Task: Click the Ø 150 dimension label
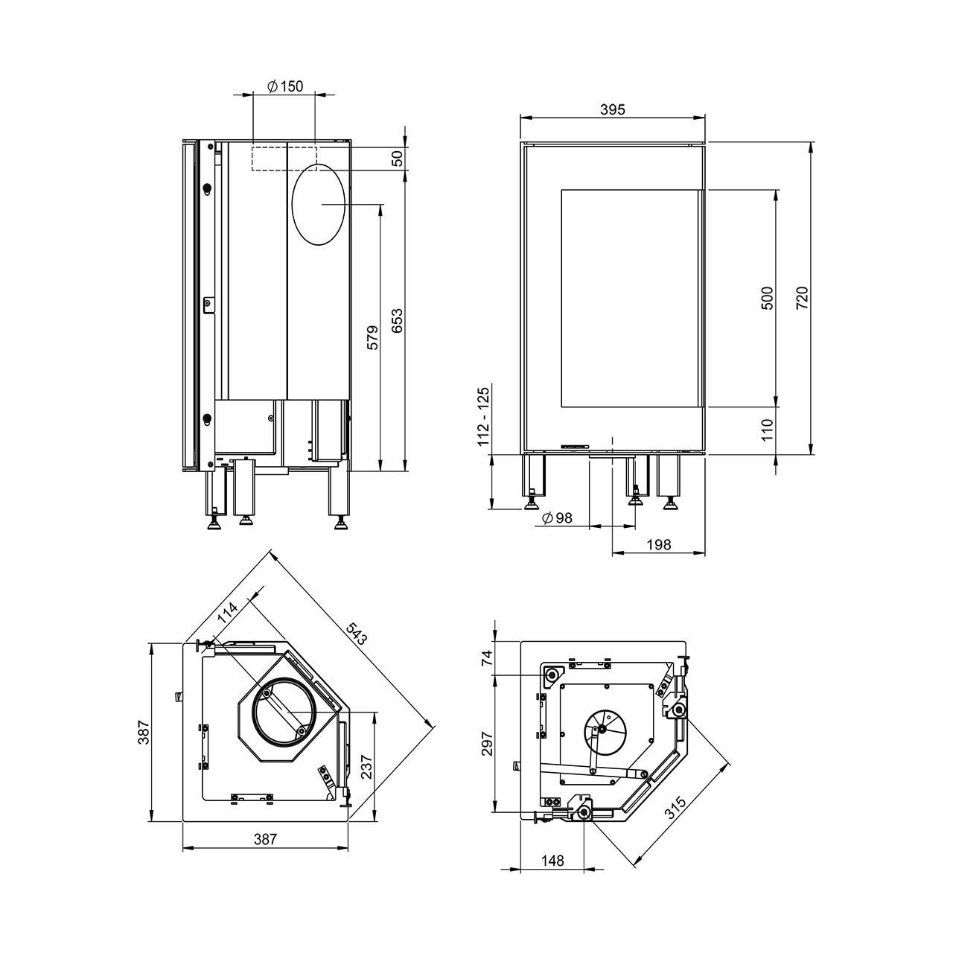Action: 284,86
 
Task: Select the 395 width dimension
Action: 612,109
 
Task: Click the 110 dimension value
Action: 768,430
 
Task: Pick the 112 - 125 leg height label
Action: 485,417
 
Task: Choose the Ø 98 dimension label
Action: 558,518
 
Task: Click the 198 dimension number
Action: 659,544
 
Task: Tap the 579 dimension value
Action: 373,337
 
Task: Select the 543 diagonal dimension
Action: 357,632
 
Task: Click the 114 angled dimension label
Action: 227,613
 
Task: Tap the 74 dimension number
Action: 488,658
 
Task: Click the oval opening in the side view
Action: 319,203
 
